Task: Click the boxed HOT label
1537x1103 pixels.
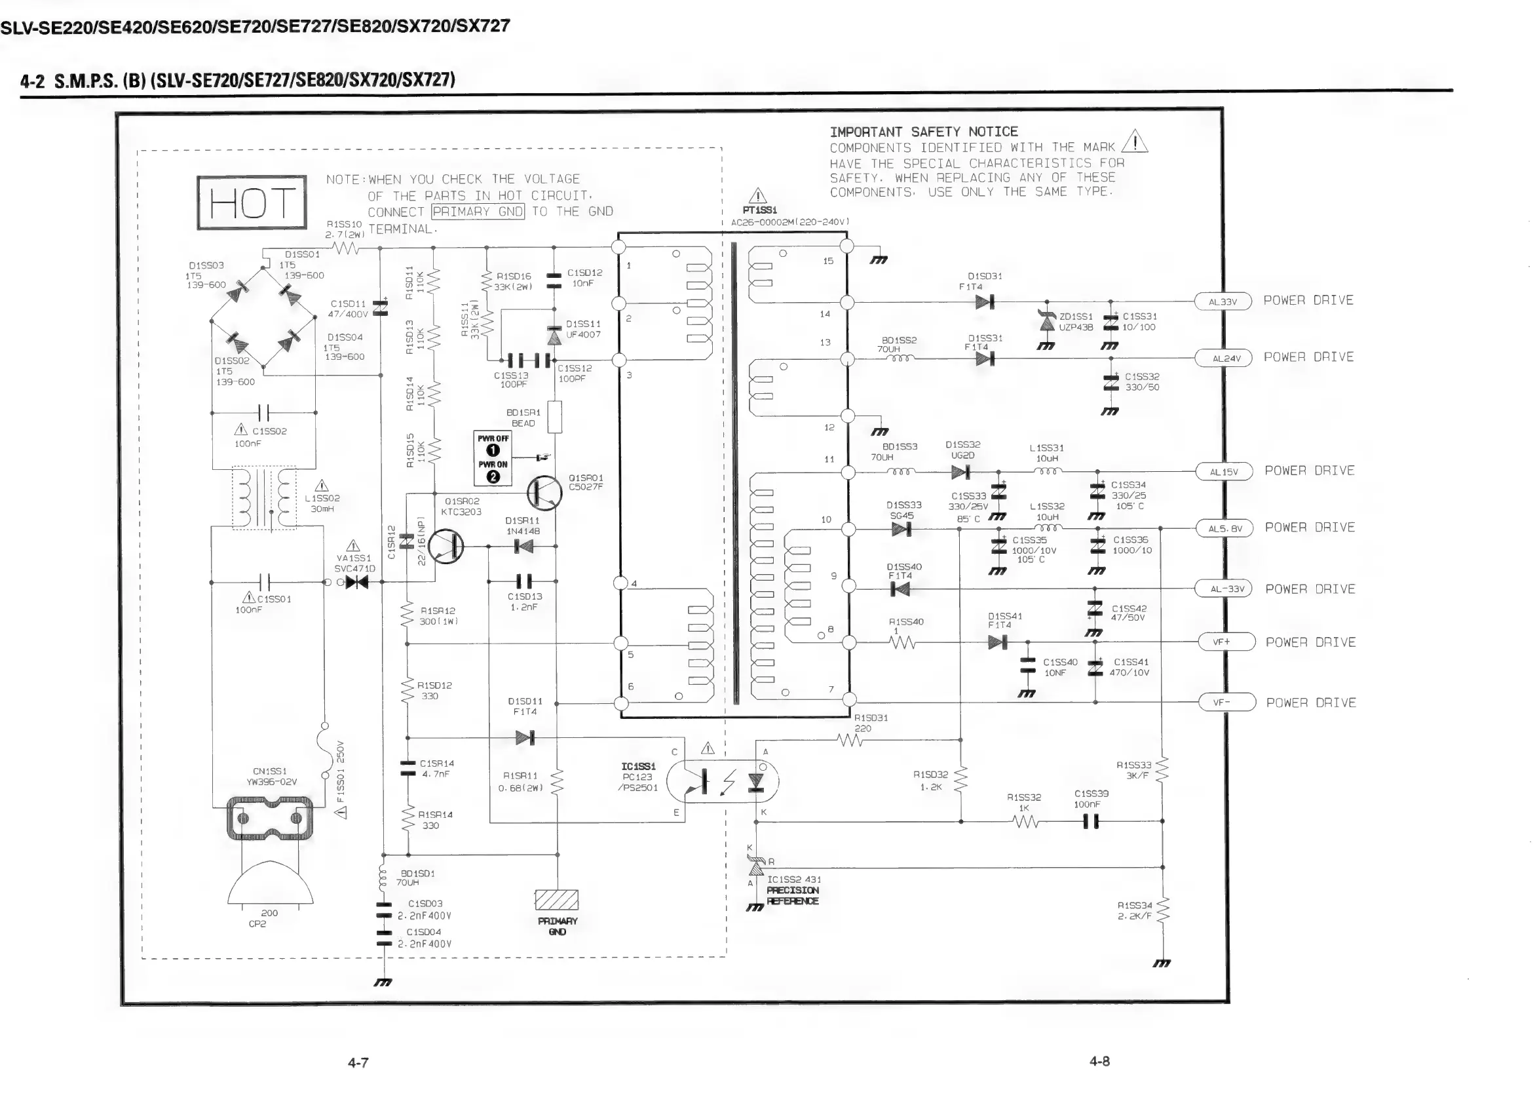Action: coord(252,202)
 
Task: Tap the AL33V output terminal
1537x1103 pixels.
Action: coord(1223,301)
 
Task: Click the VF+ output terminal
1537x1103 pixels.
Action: coord(1226,642)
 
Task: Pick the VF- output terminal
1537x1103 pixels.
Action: coord(1226,703)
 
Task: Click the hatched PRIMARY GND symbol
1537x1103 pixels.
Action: coord(556,900)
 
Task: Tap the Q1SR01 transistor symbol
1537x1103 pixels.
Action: coord(544,492)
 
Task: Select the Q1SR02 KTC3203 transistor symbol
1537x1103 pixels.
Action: coord(446,547)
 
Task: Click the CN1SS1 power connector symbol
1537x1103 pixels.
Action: coord(270,818)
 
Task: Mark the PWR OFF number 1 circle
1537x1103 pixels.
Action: coord(493,450)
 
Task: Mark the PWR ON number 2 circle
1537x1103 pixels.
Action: coord(493,476)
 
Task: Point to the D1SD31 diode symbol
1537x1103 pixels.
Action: coord(985,301)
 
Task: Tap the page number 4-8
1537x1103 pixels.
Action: coord(1099,1062)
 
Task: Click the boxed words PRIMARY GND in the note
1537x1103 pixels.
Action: coord(478,212)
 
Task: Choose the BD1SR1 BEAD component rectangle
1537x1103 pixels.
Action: coord(554,417)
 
